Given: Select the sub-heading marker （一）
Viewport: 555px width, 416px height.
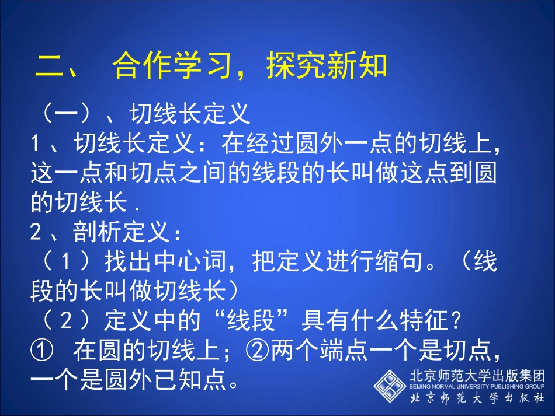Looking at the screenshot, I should point(67,113).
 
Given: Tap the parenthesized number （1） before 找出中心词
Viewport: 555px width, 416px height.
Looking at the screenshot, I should point(67,262).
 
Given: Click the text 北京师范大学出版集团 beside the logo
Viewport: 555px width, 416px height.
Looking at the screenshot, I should point(477,375).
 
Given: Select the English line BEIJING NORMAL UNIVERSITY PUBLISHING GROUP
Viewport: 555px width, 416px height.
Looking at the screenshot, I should point(477,386).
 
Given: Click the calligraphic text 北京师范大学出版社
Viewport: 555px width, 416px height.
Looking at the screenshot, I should point(477,399).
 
